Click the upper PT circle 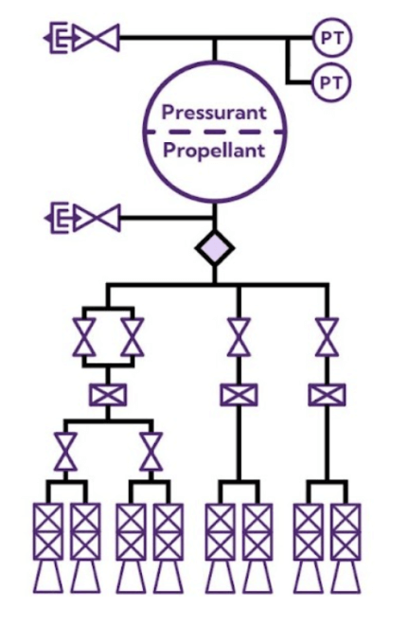pos(331,38)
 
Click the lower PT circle pos(331,82)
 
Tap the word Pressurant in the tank pos(214,112)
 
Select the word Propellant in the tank pos(214,151)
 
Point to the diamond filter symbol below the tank pos(215,248)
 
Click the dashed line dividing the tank pos(215,132)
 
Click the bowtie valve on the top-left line pos(96,38)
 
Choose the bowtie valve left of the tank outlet pos(97,218)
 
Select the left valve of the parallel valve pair pos(84,337)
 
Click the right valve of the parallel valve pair pos(133,337)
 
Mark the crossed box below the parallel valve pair pos(108,395)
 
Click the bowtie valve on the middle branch pos(239,337)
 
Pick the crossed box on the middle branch pos(239,395)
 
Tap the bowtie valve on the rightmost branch pos(327,337)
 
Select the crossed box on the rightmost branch pos(327,395)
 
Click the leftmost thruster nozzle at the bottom pos(48,577)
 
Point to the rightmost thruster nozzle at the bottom pos(345,577)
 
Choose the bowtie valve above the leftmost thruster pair pos(65,452)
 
